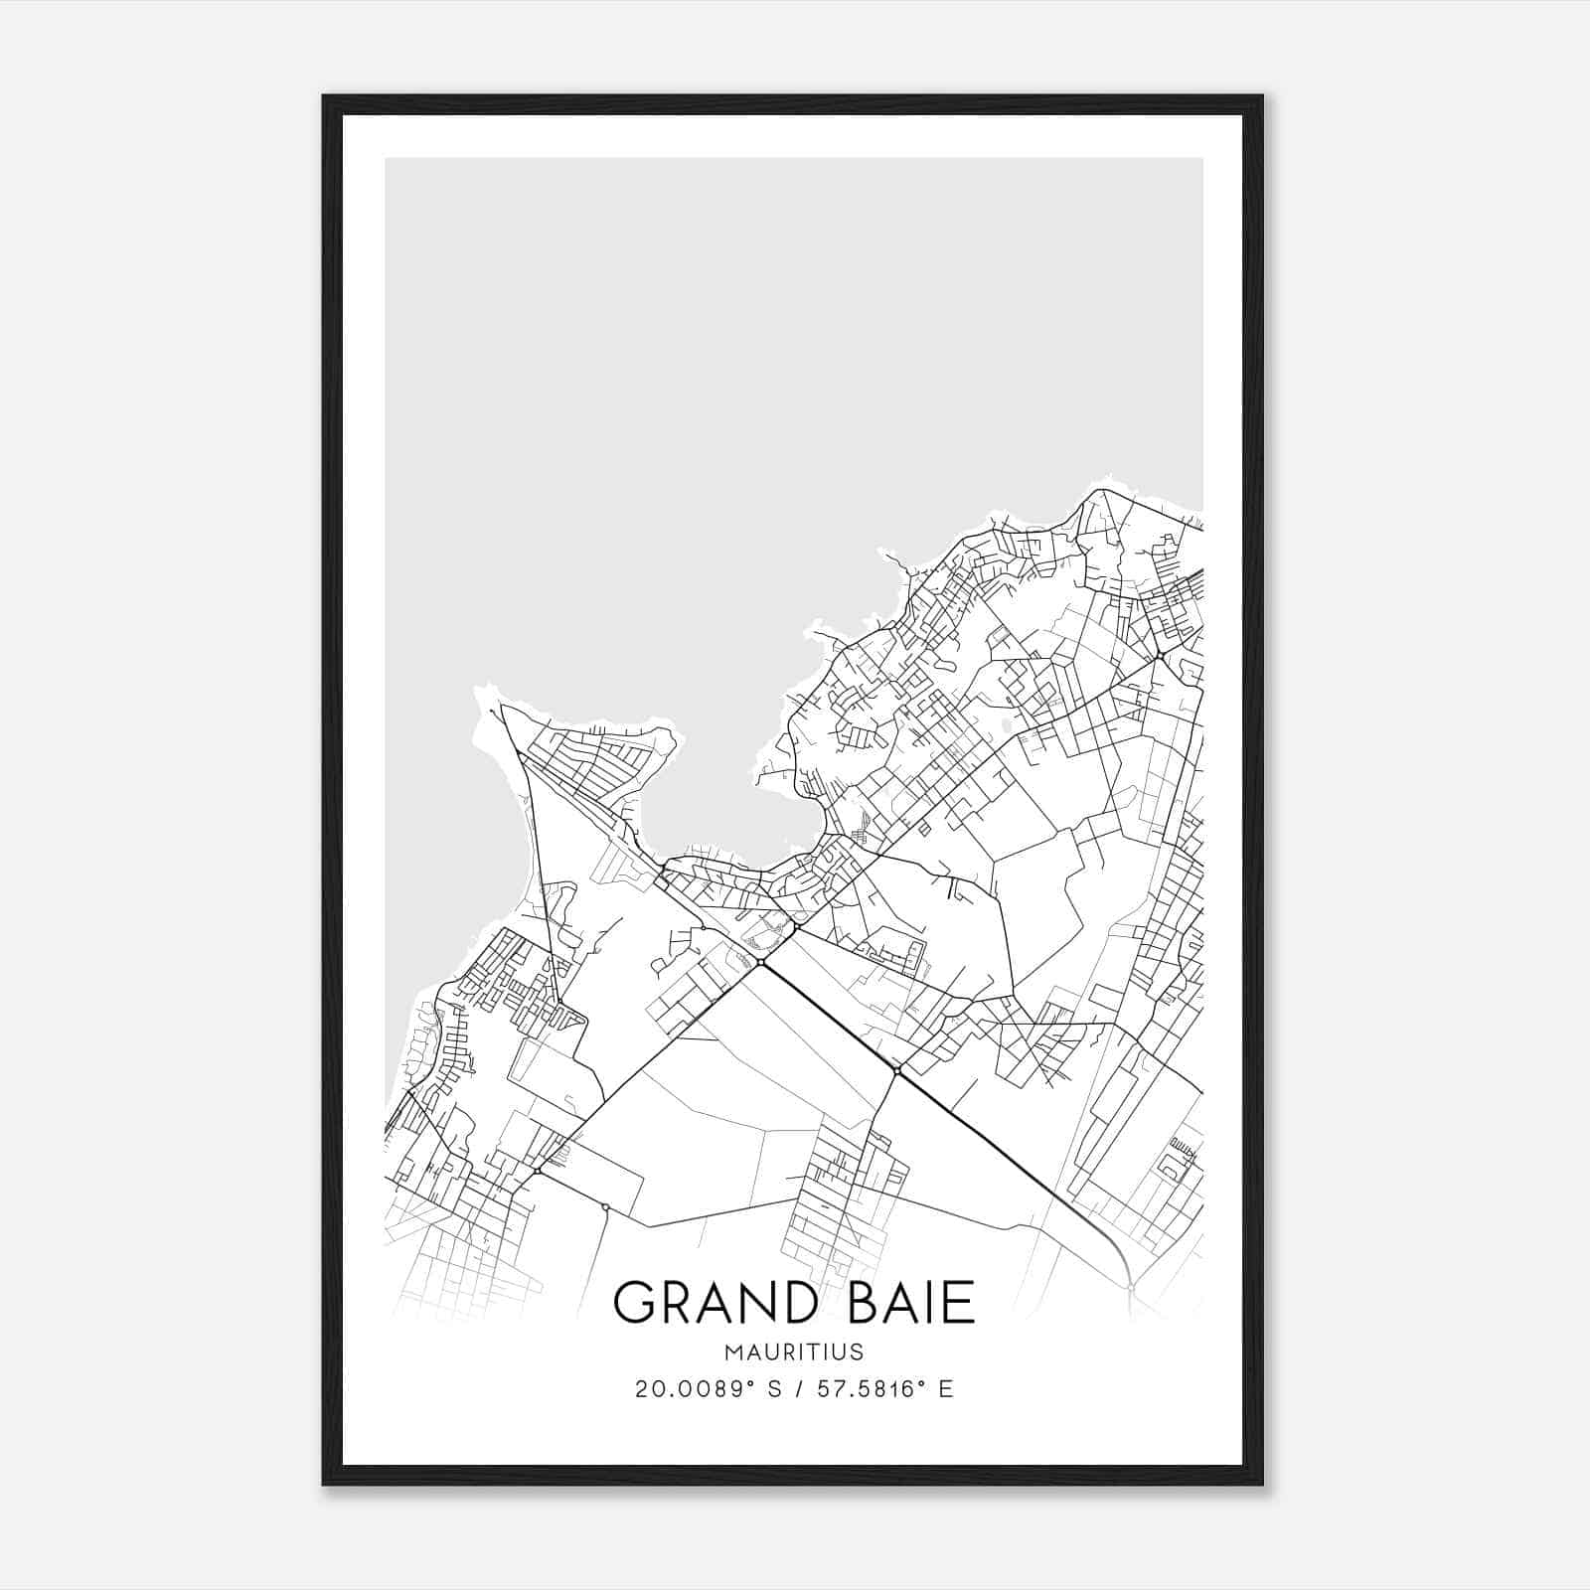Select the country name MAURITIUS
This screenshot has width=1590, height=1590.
794,1352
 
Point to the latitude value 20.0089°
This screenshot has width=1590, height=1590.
693,1389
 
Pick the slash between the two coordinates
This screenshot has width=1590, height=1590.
798,1389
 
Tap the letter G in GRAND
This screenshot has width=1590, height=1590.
634,1302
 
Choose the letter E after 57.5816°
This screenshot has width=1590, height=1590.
946,1389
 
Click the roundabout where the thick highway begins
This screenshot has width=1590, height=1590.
760,963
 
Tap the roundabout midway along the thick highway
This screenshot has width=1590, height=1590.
896,1070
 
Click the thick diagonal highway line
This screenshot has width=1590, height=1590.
830,1018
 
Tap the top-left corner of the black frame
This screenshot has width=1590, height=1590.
325,97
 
